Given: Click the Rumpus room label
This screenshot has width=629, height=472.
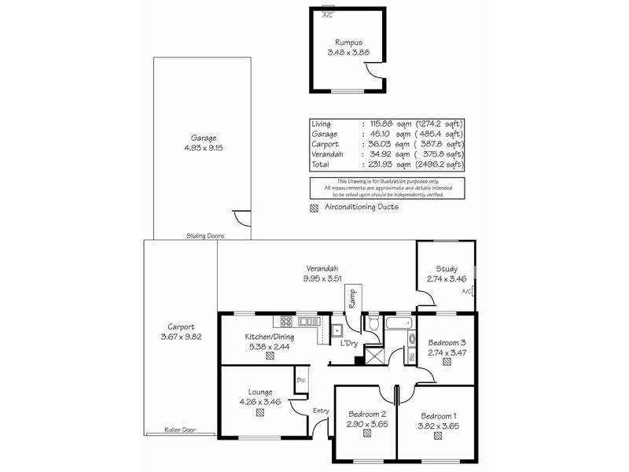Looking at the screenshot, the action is point(348,42).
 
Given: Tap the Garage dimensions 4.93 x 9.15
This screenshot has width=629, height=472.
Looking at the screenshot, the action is point(204,148).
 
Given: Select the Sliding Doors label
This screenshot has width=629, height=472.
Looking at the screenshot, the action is point(205,236).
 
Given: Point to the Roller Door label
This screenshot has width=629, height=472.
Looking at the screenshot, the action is point(180,430).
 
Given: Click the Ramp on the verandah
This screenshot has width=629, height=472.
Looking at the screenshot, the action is point(352,299).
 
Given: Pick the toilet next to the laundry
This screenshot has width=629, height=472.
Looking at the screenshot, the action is point(373,323).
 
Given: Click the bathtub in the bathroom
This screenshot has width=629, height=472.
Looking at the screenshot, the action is point(399,323).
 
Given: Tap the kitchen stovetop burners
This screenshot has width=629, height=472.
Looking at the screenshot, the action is point(286,321).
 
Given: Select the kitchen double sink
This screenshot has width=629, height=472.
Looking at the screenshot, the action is point(309,321).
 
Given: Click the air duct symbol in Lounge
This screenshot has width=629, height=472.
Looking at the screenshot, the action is point(260,412).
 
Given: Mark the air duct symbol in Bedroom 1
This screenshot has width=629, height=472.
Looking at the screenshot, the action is point(438,436).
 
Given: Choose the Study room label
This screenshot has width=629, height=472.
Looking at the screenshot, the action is point(447,269).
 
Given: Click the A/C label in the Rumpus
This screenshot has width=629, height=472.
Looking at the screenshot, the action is point(328,15).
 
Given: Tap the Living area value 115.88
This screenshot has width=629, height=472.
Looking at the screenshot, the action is point(381,124).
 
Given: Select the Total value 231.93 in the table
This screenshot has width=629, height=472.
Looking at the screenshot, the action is point(381,164).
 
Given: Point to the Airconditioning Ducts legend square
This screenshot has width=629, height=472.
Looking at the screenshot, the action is point(314,208).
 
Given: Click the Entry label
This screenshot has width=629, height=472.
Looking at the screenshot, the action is point(321,411).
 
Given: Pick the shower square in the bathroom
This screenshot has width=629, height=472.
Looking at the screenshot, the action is point(374,356).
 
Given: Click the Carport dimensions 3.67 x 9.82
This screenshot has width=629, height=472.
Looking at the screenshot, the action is point(182,337).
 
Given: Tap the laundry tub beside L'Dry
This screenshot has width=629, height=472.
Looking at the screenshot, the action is point(337,330).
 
